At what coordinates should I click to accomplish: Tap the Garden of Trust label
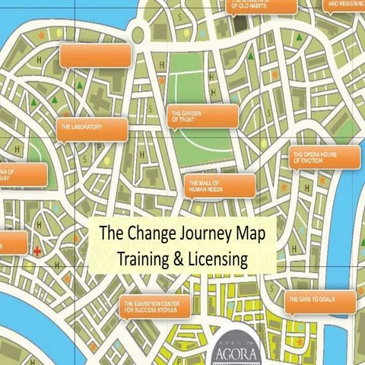[202, 116]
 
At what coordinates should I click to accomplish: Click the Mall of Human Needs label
[219, 185]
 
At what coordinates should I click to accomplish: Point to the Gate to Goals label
[320, 301]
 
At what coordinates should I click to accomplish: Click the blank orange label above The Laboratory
[95, 55]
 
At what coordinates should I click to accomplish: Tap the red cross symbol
[36, 249]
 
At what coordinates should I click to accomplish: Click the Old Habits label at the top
[262, 5]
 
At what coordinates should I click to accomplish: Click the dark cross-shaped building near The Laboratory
[100, 99]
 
